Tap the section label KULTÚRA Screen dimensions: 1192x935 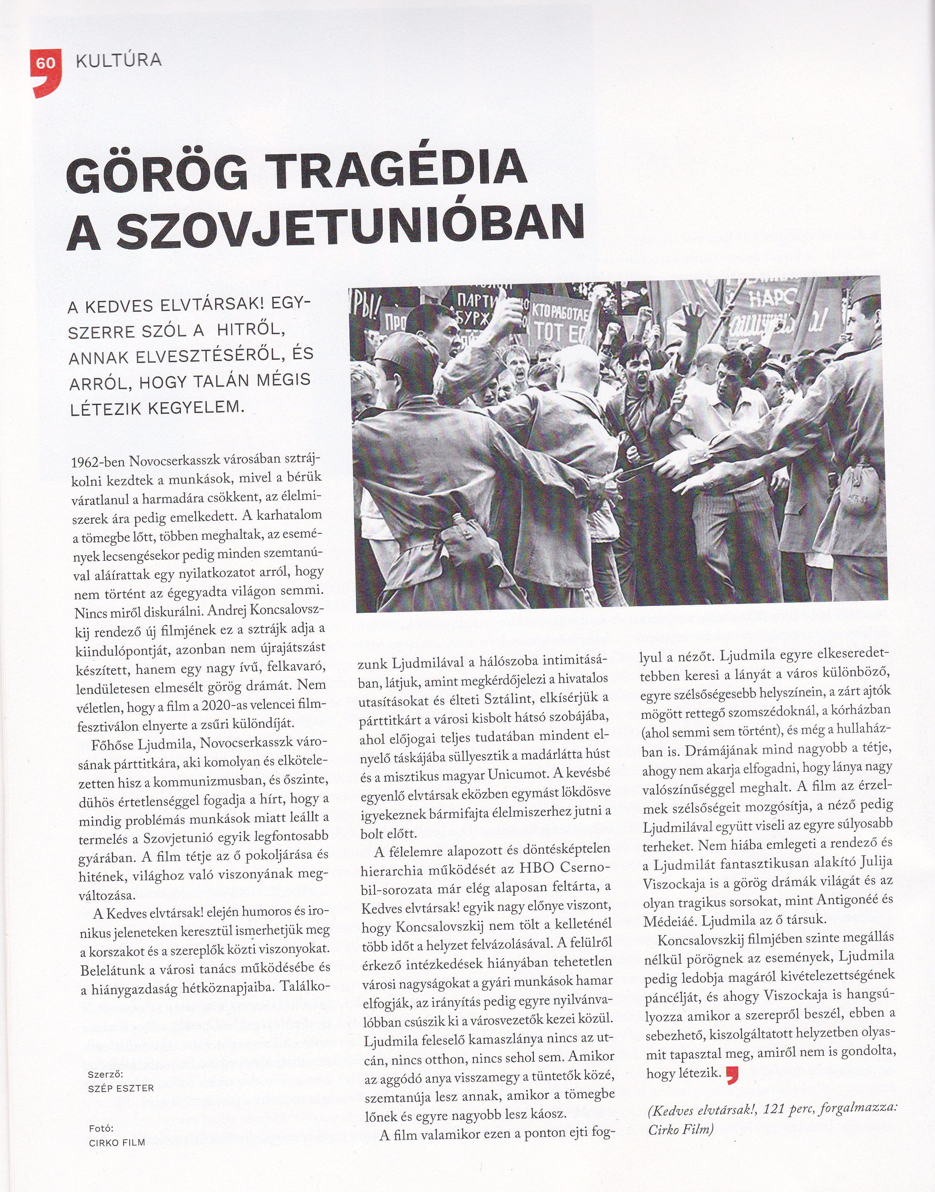click(x=119, y=60)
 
